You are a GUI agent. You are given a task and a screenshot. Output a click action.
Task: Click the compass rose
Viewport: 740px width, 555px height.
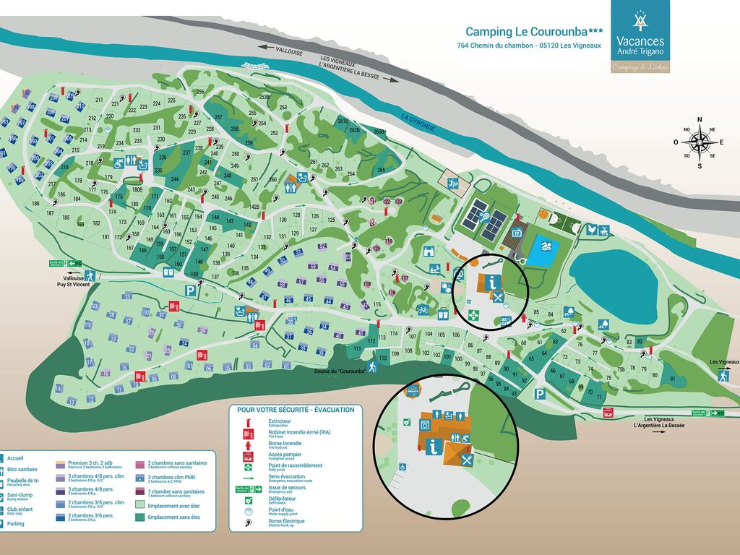pos(699,142)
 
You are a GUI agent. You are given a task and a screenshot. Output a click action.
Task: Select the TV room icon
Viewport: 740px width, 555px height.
pos(517,233)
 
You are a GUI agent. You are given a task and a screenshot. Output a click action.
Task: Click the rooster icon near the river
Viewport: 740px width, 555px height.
pos(592,230)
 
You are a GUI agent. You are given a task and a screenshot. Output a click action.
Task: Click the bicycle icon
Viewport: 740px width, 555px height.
pos(423,310)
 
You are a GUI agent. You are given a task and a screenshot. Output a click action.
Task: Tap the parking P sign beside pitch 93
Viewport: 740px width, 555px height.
pos(539,394)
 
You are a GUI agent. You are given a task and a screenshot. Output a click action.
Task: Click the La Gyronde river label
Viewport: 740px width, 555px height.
pos(418,122)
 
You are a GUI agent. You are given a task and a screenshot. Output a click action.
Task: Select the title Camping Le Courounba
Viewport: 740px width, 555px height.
pos(534,32)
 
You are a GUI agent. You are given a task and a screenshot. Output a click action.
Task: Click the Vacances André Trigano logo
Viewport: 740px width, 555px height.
pos(640,36)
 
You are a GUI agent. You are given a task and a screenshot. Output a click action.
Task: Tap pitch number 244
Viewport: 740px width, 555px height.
pos(174,179)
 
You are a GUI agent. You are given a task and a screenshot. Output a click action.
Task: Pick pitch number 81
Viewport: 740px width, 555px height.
pos(672,378)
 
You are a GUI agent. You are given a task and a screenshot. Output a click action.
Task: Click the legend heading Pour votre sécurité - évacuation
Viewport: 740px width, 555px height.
pos(296,410)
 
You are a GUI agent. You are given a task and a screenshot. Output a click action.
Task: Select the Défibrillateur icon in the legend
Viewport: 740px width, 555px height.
pos(249,499)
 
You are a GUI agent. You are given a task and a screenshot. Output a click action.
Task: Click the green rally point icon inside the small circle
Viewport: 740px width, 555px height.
pos(473,314)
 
